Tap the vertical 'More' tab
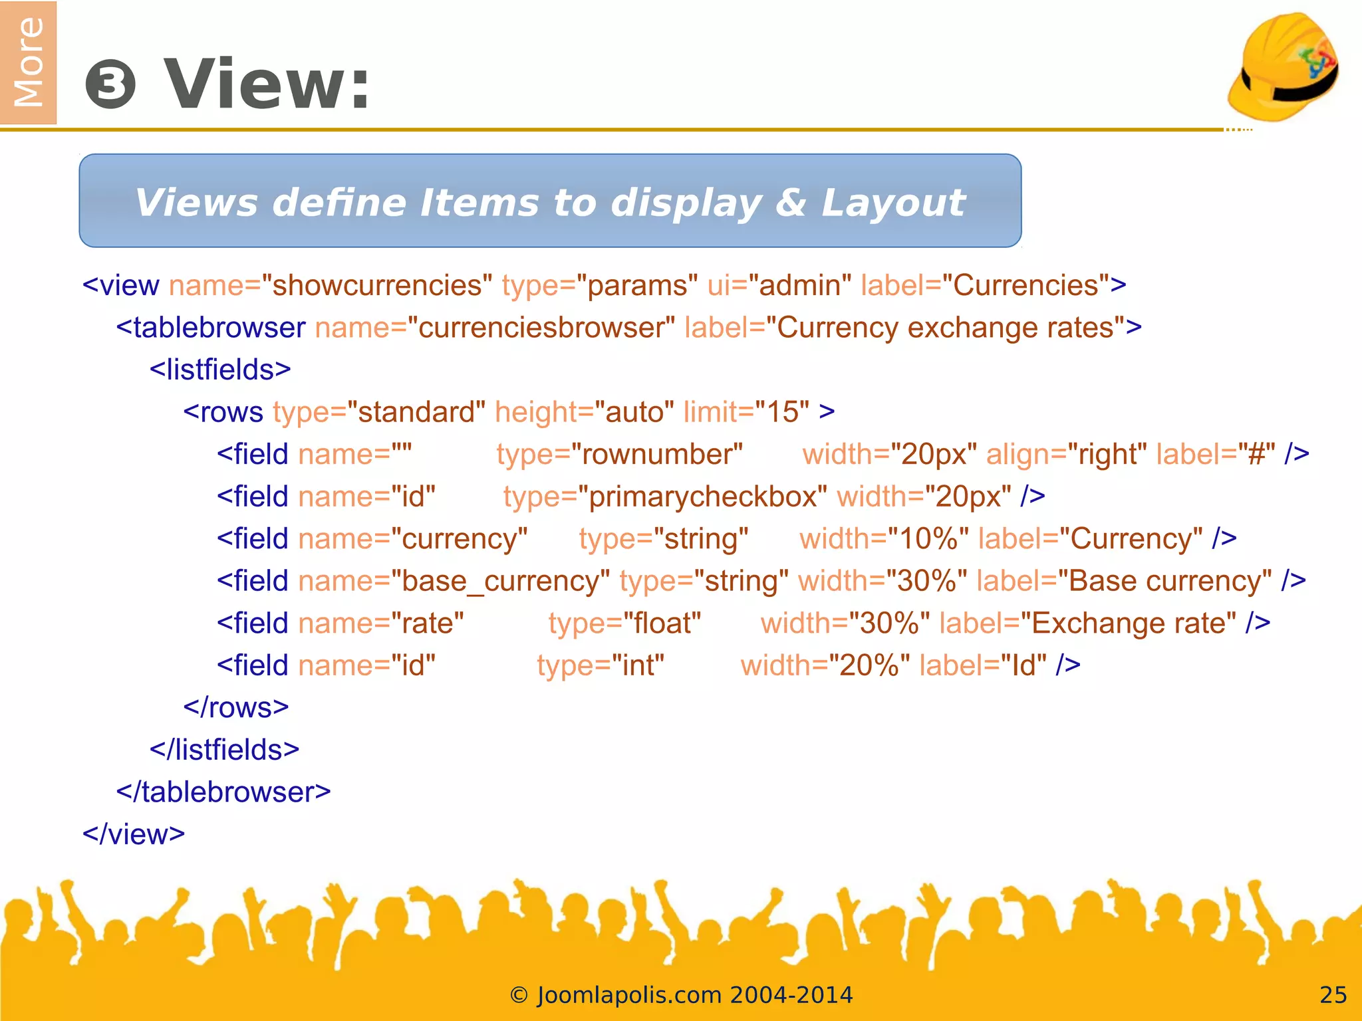click(x=28, y=62)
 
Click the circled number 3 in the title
click(x=110, y=85)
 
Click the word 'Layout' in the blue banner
click(x=893, y=202)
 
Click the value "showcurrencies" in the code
click(x=377, y=286)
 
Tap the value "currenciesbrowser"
click(x=541, y=328)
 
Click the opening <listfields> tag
click(x=220, y=370)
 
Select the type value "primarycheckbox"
click(x=703, y=497)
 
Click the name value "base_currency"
click(x=501, y=582)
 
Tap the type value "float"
click(x=662, y=624)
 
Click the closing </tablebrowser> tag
click(x=223, y=792)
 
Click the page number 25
click(x=1333, y=995)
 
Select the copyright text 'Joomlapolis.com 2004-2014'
click(x=694, y=995)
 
